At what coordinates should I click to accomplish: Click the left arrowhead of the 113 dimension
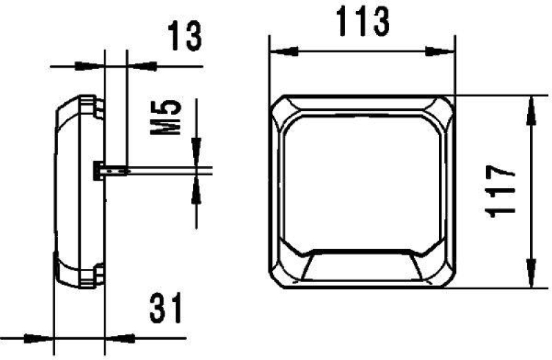[279, 50]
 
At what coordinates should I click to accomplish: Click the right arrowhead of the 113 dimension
[445, 50]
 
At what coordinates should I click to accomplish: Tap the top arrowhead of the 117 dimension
[531, 108]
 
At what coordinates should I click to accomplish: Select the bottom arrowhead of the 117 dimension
[531, 276]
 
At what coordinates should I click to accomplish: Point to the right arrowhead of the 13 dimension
[137, 66]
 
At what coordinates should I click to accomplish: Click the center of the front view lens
[362, 179]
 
